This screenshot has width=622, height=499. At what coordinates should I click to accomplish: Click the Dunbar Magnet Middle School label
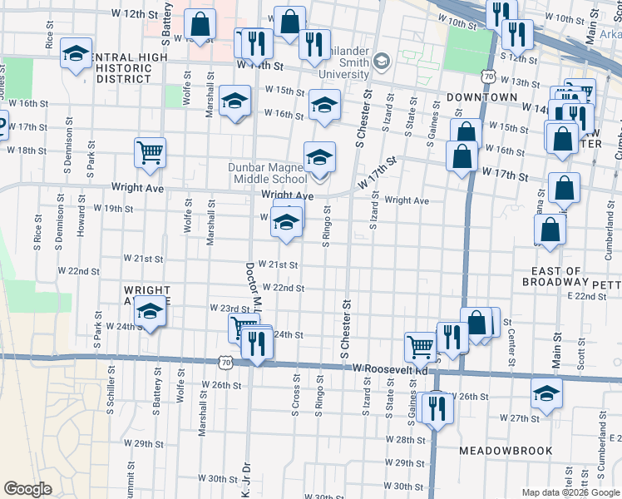[x=268, y=172]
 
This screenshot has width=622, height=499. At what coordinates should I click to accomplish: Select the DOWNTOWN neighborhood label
[x=482, y=97]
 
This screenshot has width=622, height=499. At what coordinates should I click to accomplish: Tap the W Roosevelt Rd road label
[x=388, y=368]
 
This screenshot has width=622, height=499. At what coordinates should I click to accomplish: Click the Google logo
[x=27, y=489]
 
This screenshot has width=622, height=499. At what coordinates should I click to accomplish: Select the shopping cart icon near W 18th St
[x=151, y=152]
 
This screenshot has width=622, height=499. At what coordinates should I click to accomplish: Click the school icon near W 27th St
[x=547, y=393]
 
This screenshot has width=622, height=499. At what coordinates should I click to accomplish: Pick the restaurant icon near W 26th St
[x=435, y=408]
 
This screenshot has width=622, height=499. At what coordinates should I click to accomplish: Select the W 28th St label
[x=406, y=438]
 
